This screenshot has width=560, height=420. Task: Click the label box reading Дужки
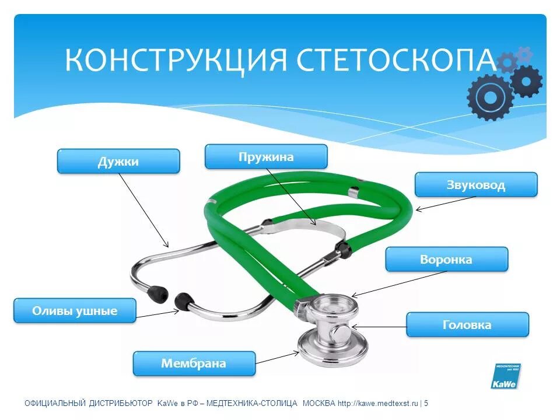(x=118, y=161)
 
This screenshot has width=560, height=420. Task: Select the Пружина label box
(x=265, y=157)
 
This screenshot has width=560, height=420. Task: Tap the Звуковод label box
(x=475, y=185)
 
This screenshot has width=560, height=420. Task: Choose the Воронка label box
(x=446, y=259)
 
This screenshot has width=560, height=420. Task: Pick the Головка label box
(x=467, y=324)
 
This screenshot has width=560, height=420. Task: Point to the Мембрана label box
(x=194, y=363)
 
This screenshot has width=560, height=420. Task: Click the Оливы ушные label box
(x=75, y=310)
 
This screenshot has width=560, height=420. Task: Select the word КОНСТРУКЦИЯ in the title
(x=177, y=60)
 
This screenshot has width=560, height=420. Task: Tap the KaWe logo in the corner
(x=505, y=377)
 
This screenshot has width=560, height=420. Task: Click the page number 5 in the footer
(x=426, y=403)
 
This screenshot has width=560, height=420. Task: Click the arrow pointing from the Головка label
(x=379, y=327)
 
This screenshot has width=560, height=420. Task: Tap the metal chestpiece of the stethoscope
(x=332, y=332)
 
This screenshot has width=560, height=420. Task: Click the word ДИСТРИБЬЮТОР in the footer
(x=121, y=403)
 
